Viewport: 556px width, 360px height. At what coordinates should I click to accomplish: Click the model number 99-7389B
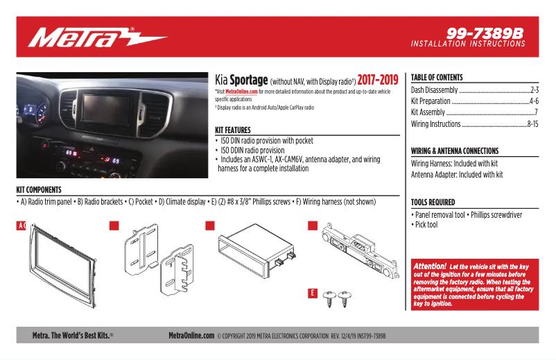[x=485, y=33]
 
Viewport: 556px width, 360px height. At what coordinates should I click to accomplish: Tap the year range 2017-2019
[x=378, y=80]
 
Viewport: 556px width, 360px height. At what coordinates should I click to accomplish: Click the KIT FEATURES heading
[x=238, y=130]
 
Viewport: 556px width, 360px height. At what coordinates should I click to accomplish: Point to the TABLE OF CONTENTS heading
[x=437, y=78]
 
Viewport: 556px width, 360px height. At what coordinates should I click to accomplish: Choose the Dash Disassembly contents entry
[x=435, y=90]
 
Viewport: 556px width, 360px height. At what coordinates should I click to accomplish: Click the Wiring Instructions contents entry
[x=436, y=124]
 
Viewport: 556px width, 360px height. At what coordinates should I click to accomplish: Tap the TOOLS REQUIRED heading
[x=433, y=203]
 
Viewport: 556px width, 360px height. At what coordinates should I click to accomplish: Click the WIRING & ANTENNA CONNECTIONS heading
[x=455, y=151]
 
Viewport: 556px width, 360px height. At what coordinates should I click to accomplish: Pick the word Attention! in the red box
[x=429, y=266]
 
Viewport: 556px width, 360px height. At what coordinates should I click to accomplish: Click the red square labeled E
[x=313, y=293]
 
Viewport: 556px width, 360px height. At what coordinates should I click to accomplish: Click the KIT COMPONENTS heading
[x=39, y=189]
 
